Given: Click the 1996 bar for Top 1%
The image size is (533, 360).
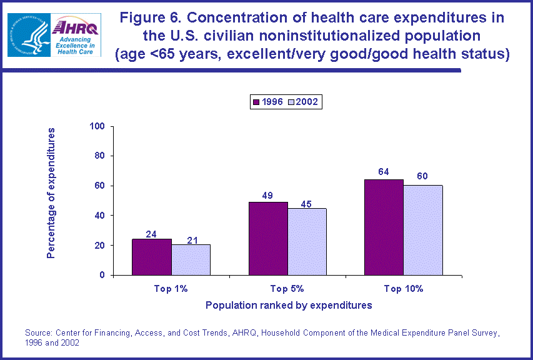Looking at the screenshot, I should pos(151,257).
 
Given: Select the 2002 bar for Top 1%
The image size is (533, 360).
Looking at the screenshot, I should pos(191,259).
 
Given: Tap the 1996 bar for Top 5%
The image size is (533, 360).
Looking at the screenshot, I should pos(268,238).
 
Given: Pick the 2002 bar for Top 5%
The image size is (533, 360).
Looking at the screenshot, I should pos(307,241).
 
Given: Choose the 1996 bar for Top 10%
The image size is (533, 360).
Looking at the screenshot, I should pos(384,227).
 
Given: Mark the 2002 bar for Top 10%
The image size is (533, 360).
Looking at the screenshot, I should pos(423,230).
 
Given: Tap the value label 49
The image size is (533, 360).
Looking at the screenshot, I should pos(268,195).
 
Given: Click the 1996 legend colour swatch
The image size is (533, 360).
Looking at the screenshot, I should pos(256,102).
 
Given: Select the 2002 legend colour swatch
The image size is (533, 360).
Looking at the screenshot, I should pos(291,102).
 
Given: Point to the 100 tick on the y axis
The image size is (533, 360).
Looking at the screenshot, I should pos(97,126).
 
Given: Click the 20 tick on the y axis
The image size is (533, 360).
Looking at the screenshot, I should pos(99,246).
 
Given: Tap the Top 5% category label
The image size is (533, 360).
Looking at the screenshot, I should pos(287,289).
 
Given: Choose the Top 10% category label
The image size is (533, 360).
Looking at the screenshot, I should pos(404,289).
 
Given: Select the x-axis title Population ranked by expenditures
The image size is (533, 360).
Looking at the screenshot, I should pos(289,306).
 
